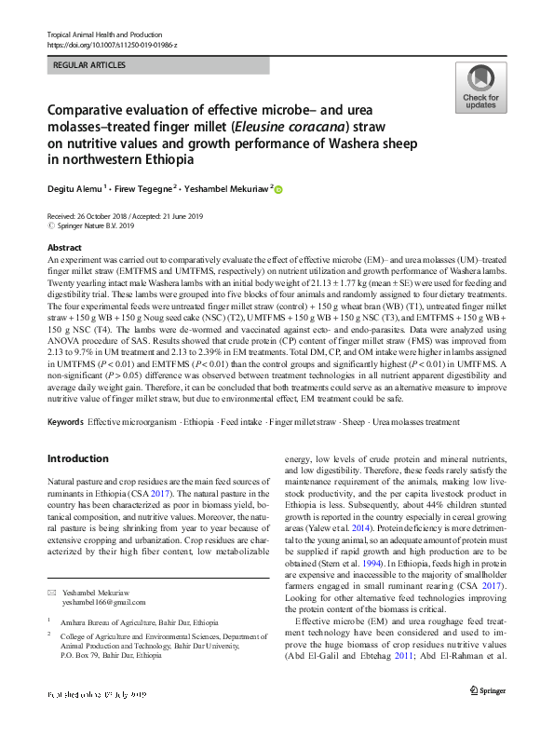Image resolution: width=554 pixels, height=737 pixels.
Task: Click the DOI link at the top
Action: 111,45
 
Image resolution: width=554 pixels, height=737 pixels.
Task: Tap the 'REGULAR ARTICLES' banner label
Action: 89,65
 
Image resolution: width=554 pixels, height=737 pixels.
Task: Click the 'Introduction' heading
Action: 78,458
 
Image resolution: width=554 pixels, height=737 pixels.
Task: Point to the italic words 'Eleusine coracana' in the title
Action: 306,128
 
